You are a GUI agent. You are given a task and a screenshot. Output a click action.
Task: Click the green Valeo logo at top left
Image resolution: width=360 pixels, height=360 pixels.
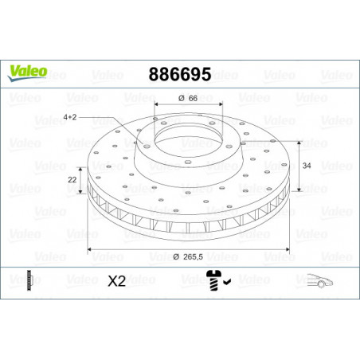click(x=27, y=72)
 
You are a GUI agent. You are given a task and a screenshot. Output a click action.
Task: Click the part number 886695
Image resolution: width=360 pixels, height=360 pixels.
click(x=180, y=74)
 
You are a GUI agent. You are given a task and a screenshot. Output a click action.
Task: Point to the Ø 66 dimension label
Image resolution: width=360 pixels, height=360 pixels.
click(x=188, y=98)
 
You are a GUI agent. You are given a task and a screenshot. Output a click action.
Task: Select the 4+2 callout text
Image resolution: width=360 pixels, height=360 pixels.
click(x=70, y=117)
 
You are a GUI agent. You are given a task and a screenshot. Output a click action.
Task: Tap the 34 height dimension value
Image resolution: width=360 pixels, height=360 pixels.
click(x=307, y=166)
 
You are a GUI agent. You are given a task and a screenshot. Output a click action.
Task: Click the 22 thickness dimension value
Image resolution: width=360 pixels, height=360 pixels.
click(x=72, y=180)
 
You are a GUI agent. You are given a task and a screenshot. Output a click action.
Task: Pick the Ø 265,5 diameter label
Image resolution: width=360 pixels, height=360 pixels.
click(x=188, y=256)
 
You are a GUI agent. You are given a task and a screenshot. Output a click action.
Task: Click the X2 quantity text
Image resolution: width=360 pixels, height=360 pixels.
click(x=116, y=281)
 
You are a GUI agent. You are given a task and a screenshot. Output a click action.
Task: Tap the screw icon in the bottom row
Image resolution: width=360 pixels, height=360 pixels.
click(x=213, y=280)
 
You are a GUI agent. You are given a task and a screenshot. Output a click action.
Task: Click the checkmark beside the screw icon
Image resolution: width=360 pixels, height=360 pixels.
click(x=227, y=281)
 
